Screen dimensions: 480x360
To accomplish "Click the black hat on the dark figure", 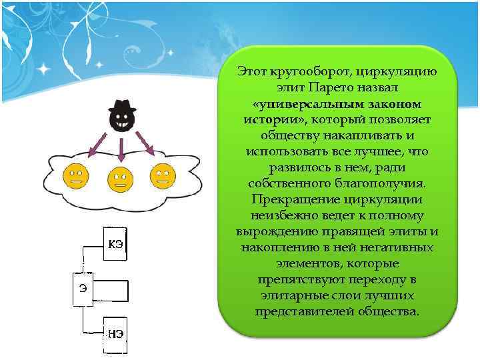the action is (x=122, y=107).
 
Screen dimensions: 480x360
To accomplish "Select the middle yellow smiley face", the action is (x=119, y=179).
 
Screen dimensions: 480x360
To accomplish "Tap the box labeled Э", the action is (x=83, y=288).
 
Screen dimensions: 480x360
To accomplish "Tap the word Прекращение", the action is (x=293, y=199).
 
